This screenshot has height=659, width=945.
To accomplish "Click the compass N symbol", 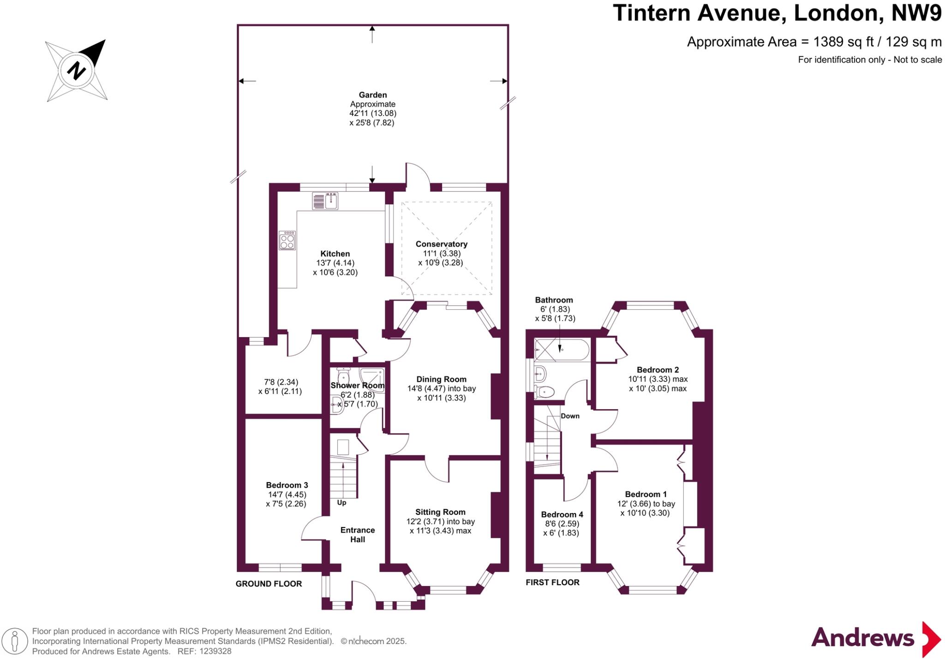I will (77, 71).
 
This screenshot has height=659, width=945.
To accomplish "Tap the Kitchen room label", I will (335, 254).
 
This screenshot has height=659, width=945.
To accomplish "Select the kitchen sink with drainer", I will (325, 201).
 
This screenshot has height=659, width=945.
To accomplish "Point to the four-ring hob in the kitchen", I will (287, 241).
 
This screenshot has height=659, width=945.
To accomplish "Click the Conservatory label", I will (441, 244).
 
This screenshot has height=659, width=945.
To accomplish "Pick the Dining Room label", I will (441, 379).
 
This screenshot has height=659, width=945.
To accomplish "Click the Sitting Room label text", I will (440, 512).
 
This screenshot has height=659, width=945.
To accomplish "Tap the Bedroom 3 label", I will (287, 485).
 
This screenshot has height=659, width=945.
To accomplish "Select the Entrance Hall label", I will (358, 535).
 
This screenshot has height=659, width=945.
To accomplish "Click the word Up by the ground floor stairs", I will (341, 502).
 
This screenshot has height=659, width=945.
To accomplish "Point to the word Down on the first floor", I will (570, 416).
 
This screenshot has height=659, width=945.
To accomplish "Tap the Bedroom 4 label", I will (562, 514).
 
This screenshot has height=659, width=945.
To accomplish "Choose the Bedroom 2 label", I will (658, 369).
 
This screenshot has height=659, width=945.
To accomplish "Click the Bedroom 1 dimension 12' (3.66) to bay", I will (646, 504).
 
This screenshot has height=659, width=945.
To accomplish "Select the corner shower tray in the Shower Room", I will (372, 379).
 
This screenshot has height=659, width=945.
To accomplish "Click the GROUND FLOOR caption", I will (269, 584).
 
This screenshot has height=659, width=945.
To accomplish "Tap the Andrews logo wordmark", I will (862, 638).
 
